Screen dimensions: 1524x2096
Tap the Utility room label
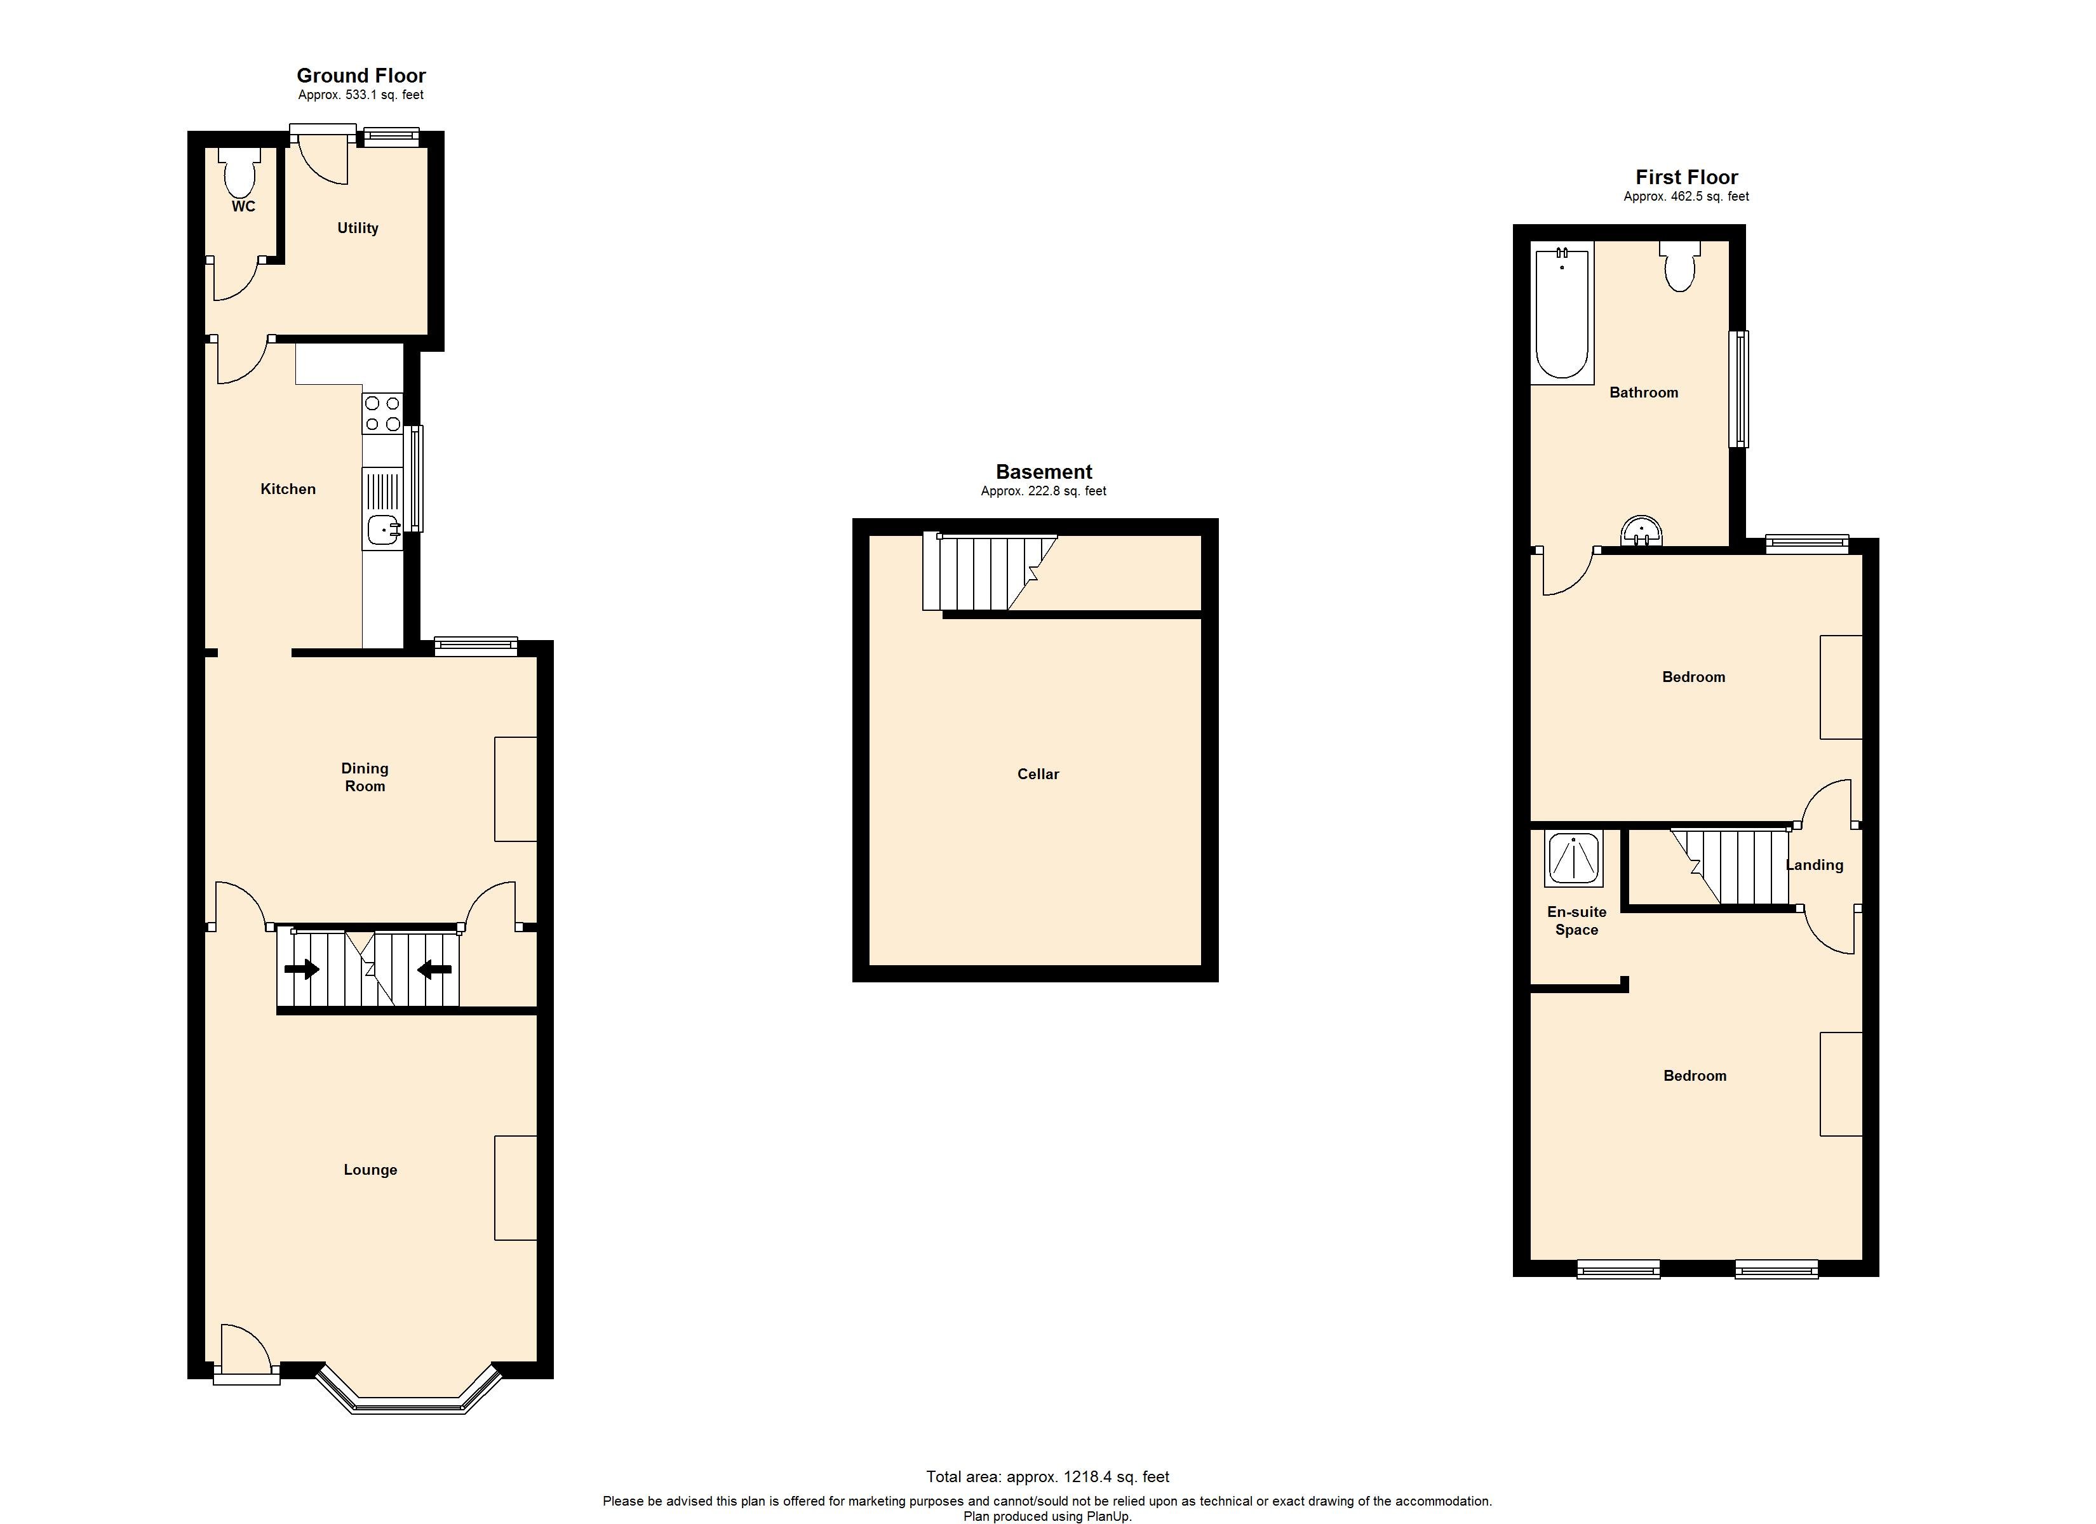click(x=358, y=228)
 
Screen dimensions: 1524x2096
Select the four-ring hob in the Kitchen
click(x=382, y=413)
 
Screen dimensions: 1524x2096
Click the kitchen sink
click(x=382, y=530)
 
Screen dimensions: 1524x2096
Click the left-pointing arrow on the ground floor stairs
click(x=434, y=970)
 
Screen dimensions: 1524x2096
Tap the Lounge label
click(x=370, y=1170)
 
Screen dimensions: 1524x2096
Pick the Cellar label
click(x=1038, y=775)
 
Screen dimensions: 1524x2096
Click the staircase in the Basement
click(x=984, y=572)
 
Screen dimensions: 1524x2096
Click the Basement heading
click(x=1044, y=472)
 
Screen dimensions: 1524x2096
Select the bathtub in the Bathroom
click(x=1562, y=314)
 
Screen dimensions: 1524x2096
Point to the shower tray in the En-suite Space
click(x=1573, y=859)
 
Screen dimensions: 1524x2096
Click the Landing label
click(x=1814, y=865)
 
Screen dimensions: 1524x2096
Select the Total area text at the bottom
click(x=1048, y=1477)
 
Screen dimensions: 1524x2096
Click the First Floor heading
click(x=1686, y=177)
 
